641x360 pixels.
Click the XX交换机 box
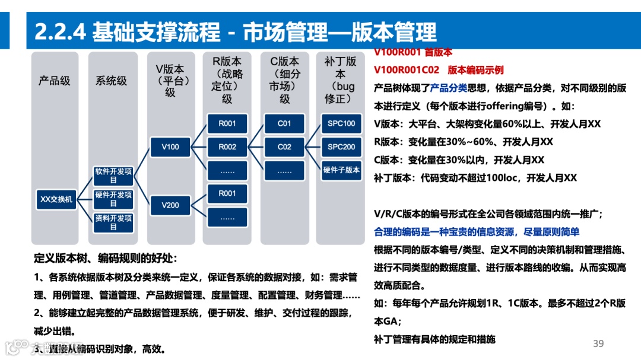coord(56,199)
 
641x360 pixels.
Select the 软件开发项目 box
coord(113,176)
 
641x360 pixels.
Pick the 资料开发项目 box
coord(113,222)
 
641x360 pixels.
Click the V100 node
coord(170,146)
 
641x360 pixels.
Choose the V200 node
coord(170,205)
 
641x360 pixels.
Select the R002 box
coord(227,146)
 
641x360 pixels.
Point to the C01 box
coord(284,124)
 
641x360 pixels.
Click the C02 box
coord(284,146)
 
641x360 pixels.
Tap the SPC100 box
coord(341,124)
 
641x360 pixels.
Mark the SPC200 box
coord(341,146)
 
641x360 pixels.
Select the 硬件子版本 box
coord(341,170)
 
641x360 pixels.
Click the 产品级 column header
coord(55,81)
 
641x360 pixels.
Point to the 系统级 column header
coord(112,81)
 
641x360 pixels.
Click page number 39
coord(598,344)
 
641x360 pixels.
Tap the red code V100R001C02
coord(407,70)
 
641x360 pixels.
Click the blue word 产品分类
coord(449,88)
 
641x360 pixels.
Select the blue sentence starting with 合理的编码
coord(477,232)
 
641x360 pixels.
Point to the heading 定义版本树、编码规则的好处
coord(106,259)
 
